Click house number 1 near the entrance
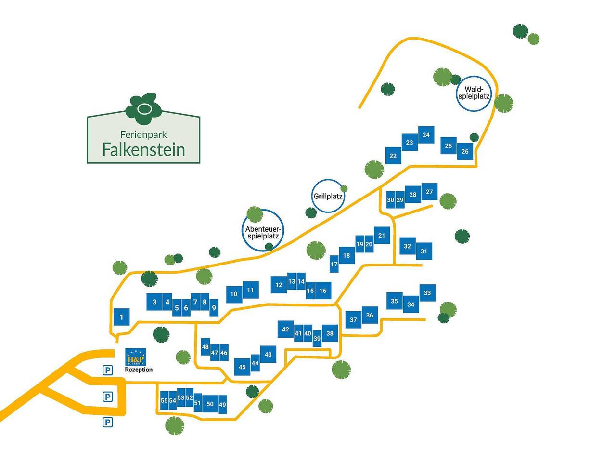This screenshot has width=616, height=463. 122,317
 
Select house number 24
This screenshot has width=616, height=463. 426,135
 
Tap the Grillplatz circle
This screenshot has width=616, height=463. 328,196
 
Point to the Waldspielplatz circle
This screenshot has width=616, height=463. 474,93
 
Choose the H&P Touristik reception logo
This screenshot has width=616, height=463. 135,357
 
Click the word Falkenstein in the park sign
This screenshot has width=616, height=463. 143,149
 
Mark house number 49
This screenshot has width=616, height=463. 222,405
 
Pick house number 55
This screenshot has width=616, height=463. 164,400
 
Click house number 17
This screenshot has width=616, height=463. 334,264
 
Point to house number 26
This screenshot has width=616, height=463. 465,151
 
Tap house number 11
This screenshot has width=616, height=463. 250,290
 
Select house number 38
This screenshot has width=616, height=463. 330,333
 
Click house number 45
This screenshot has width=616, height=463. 242,367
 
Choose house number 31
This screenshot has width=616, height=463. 424,251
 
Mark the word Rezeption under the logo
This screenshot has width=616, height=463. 139,370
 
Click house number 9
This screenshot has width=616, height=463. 214,307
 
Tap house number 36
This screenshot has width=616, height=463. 370,315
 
